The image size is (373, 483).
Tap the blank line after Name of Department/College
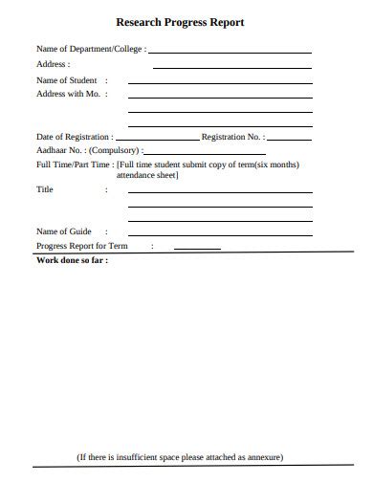(x=230, y=52)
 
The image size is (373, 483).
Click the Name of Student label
(x=66, y=81)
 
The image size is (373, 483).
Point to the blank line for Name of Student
(x=219, y=83)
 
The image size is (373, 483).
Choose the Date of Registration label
(x=73, y=137)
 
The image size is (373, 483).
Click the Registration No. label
(x=231, y=137)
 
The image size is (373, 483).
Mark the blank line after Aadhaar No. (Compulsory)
(x=205, y=154)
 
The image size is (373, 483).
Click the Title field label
(x=44, y=189)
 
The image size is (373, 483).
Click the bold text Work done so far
(x=72, y=260)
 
